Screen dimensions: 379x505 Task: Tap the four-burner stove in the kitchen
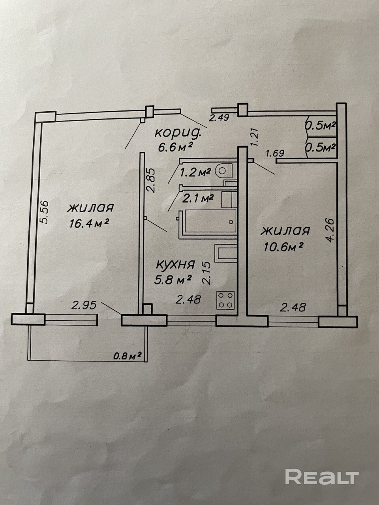click(x=226, y=300)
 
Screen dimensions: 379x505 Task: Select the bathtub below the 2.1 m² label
click(x=207, y=223)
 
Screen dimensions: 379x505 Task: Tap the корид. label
click(x=180, y=133)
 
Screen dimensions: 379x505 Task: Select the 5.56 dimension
click(x=44, y=213)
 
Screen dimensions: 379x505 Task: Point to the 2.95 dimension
click(x=84, y=305)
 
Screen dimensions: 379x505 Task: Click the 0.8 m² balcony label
click(x=128, y=356)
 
